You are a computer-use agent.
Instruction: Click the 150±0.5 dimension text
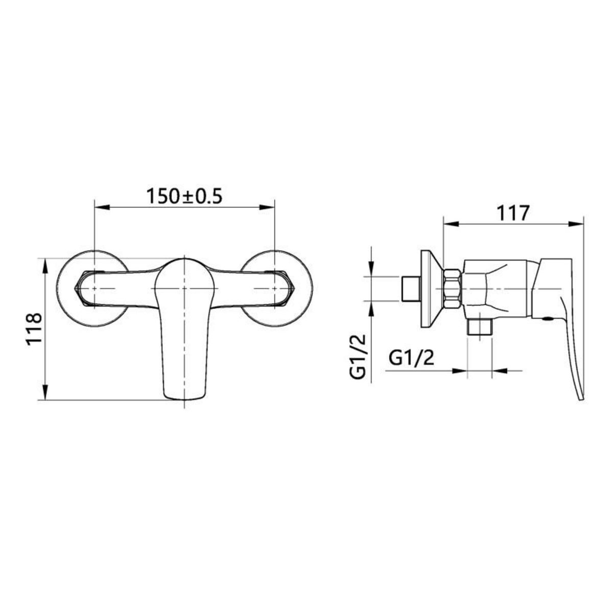[x=185, y=196]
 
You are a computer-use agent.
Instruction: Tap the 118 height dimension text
[x=34, y=329]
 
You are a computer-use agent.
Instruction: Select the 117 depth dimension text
[x=513, y=213]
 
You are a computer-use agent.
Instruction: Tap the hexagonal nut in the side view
[x=452, y=289]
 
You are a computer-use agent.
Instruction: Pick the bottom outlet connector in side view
[x=480, y=326]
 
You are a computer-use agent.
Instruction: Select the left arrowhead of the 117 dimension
[x=450, y=223]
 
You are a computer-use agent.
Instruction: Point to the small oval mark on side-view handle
[x=548, y=319]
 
